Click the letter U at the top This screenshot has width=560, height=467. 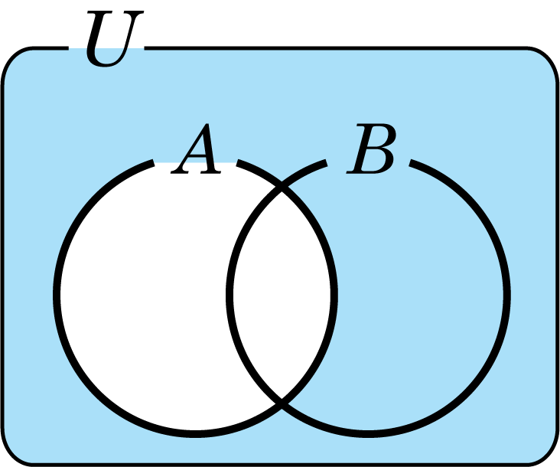point(114,38)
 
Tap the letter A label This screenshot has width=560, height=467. point(197,149)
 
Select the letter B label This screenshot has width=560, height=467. point(372,149)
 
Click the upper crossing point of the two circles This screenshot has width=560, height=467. point(282,188)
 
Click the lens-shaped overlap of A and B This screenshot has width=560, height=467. point(282,296)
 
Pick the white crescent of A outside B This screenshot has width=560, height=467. point(143,296)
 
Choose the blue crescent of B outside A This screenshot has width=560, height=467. point(422,296)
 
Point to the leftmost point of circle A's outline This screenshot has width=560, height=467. point(57,296)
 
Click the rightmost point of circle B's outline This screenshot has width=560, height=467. point(507,296)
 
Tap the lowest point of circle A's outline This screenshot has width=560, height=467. point(195,434)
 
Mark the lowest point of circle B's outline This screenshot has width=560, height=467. point(369,434)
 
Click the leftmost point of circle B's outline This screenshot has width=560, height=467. point(230,296)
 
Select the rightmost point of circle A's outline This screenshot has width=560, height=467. point(334,296)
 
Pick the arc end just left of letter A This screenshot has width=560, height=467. point(153,163)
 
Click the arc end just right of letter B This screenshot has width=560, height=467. point(412,163)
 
